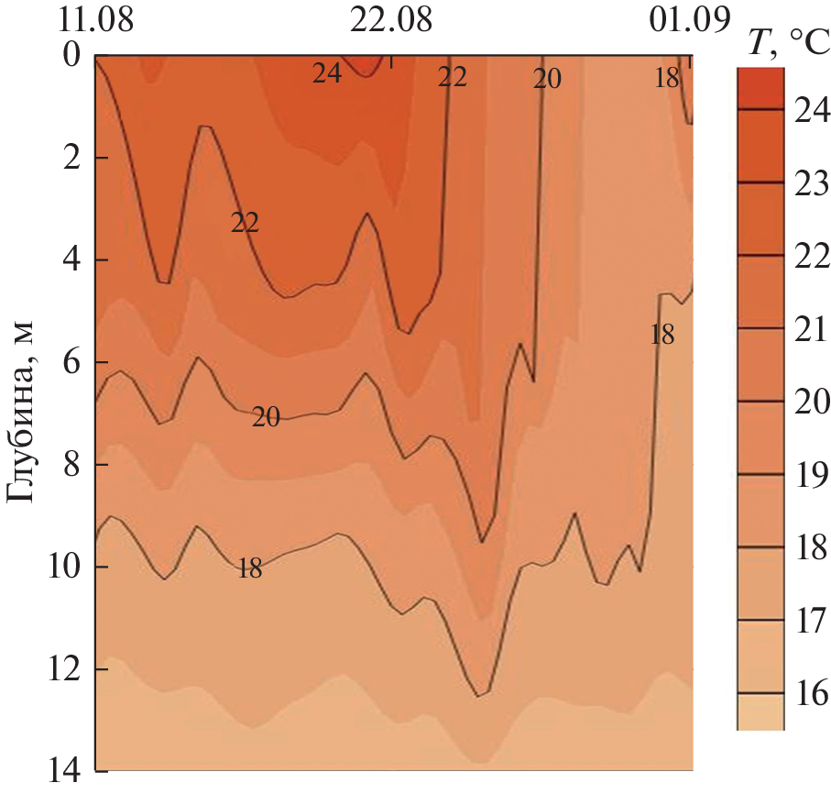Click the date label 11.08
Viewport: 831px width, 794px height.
[x=96, y=18]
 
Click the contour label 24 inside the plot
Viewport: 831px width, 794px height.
[x=327, y=74]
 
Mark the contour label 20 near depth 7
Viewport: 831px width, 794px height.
[x=266, y=418]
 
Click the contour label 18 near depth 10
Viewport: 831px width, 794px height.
[x=249, y=568]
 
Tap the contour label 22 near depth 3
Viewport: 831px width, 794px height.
[x=245, y=223]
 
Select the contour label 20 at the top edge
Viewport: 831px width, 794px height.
[x=546, y=80]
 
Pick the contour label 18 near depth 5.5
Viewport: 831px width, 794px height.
[x=662, y=335]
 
